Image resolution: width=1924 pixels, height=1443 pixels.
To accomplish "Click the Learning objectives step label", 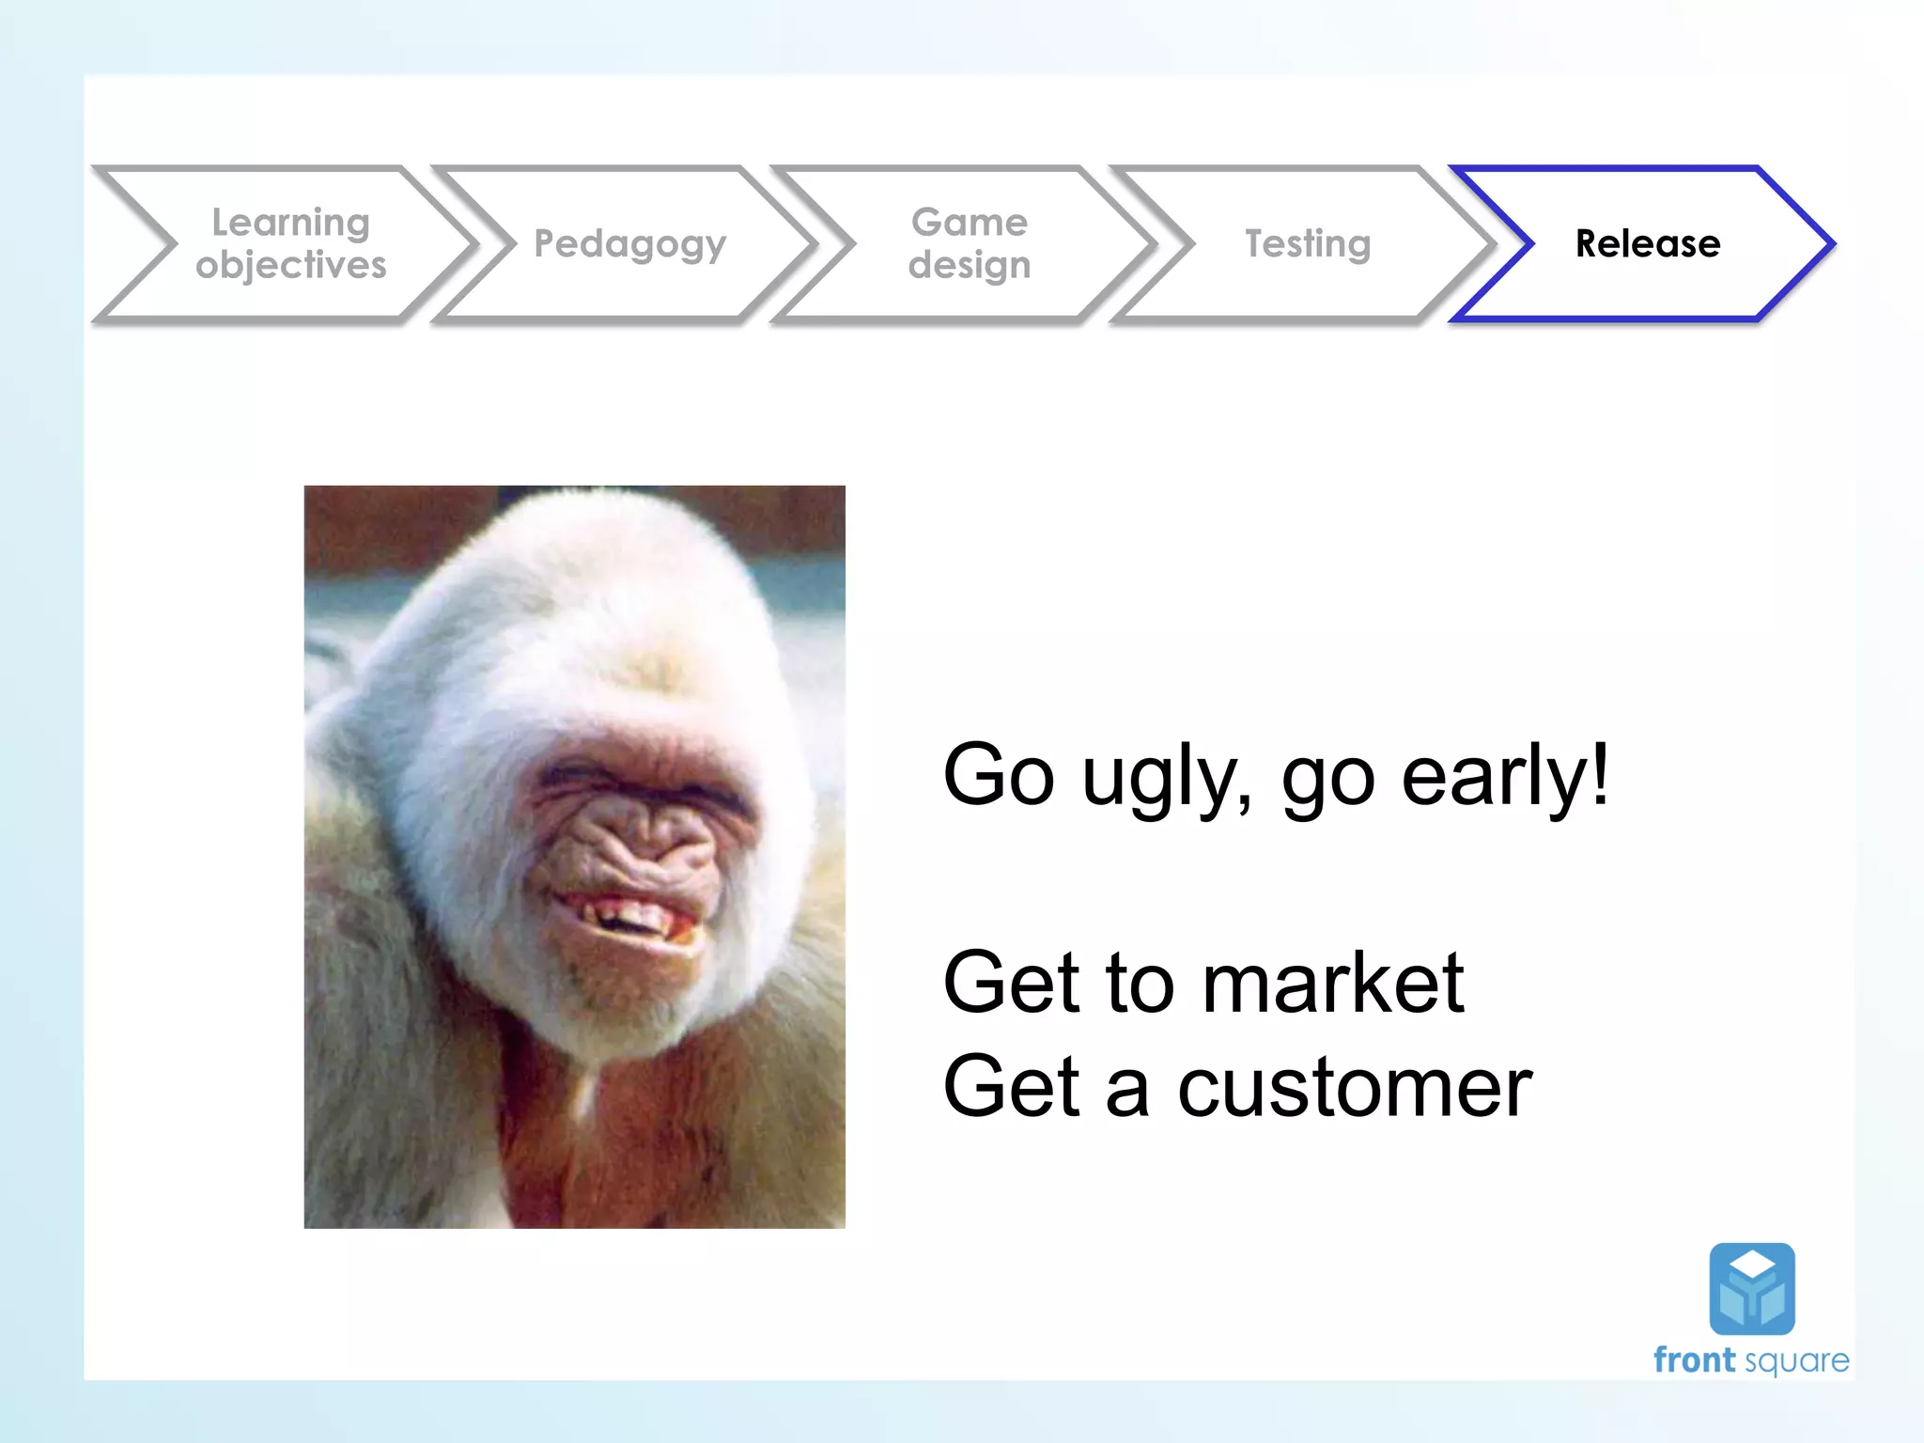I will point(290,243).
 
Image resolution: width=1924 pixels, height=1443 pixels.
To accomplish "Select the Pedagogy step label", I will point(629,244).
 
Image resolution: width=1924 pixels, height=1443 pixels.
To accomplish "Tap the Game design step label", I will point(969,243).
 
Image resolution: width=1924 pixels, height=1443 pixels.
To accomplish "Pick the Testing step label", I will point(1308,243).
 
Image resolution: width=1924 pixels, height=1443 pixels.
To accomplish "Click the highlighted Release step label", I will point(1648,243).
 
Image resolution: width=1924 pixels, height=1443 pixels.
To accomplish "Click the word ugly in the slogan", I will point(1165,778).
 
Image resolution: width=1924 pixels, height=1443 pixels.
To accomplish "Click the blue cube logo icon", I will point(1751,1288).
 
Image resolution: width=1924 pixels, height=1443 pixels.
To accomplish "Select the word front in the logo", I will point(1694,1360).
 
